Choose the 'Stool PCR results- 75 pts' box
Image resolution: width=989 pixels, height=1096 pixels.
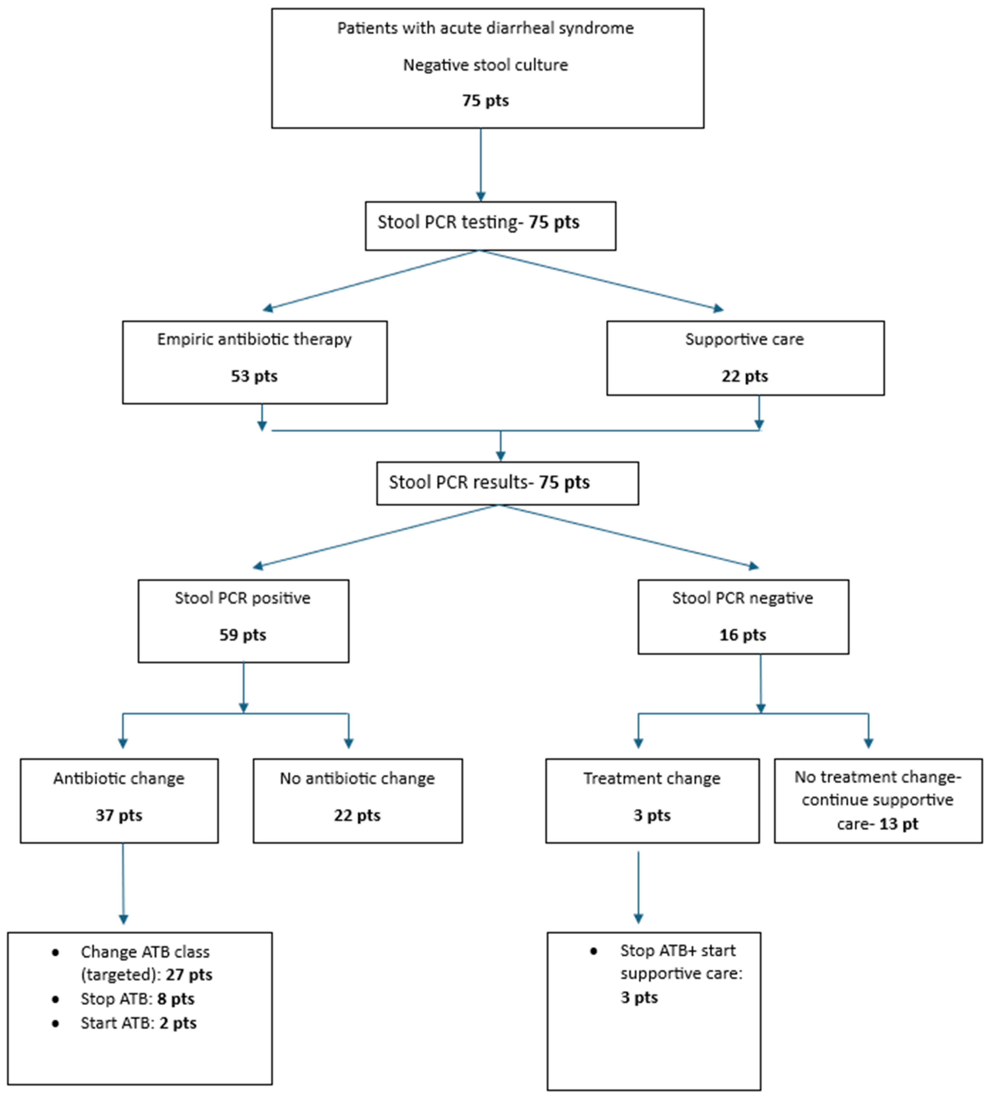[x=507, y=483]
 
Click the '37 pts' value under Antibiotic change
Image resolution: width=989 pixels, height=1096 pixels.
[x=119, y=816]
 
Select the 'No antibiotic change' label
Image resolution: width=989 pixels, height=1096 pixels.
[x=357, y=778]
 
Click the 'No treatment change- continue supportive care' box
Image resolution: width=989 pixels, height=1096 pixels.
[x=878, y=800]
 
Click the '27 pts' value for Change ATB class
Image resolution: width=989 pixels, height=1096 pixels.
[x=189, y=975]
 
